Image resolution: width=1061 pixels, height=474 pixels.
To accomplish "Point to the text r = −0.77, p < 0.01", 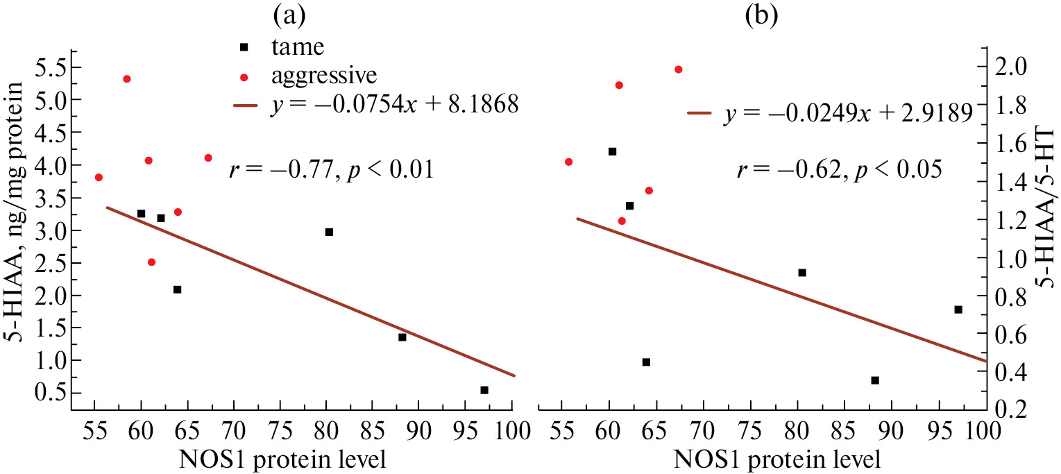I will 332,169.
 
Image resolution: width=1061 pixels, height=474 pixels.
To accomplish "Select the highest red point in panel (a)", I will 127,79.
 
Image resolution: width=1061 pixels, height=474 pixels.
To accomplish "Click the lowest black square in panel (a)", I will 484,390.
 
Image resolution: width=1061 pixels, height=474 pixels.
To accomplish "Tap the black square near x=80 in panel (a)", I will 329,232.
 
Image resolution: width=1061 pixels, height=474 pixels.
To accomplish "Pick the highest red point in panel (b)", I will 679,69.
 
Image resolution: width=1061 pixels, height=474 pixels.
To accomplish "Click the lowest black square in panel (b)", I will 875,380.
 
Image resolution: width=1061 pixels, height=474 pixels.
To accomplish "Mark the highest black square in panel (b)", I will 612,151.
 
